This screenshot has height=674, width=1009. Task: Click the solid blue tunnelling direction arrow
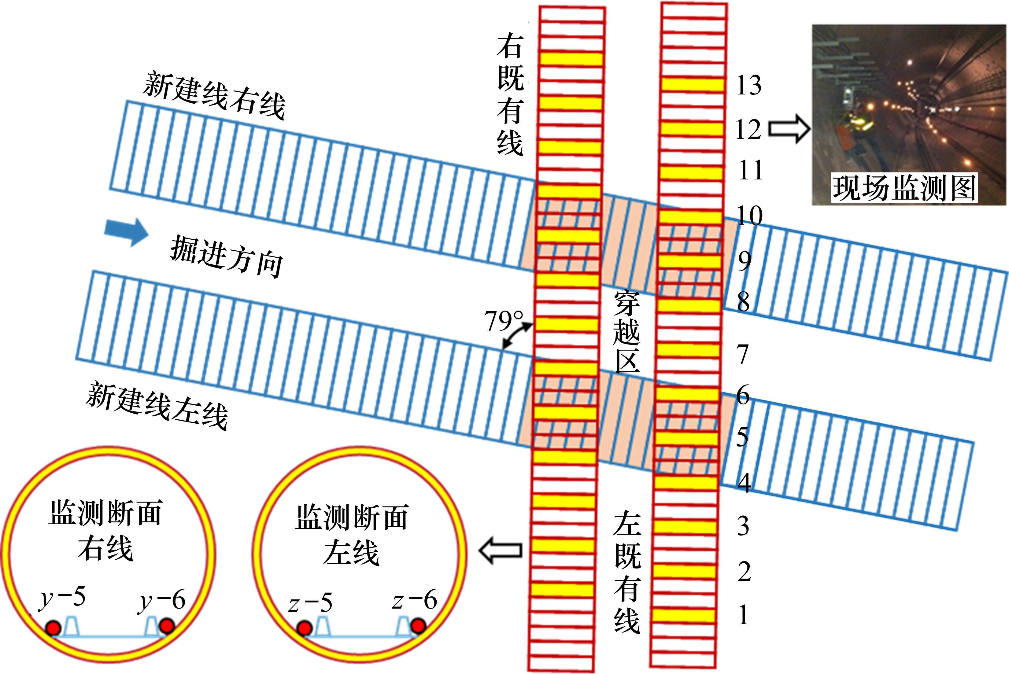pos(126,232)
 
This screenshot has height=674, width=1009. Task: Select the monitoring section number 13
pos(748,85)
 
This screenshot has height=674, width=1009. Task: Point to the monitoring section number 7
pos(742,355)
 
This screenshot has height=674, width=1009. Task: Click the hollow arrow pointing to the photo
pos(789,128)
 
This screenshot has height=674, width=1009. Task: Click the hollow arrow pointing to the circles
pos(501,550)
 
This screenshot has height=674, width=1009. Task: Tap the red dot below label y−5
pos(53,628)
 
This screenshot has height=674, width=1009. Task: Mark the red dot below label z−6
pos(417,625)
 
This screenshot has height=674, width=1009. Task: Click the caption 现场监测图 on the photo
pos(904,188)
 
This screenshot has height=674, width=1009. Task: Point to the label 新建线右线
pos(214,95)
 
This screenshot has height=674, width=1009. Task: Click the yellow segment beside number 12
pos(692,129)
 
